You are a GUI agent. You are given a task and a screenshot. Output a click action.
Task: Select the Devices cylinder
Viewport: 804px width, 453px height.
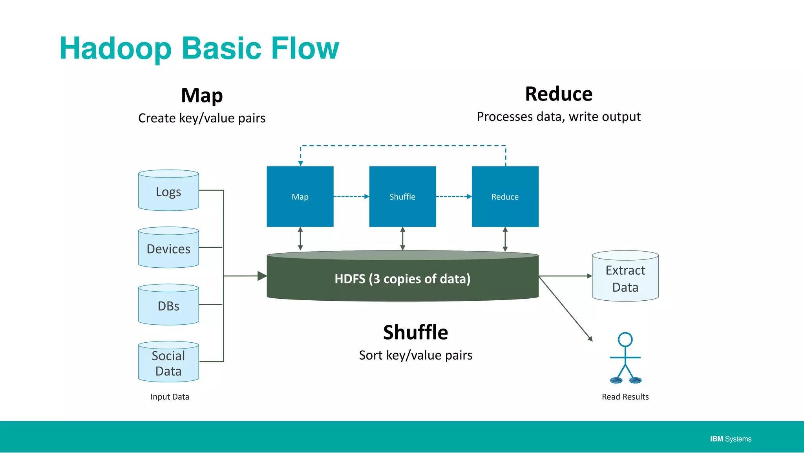[168, 248]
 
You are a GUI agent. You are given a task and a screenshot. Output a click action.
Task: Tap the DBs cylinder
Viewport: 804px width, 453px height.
[168, 305]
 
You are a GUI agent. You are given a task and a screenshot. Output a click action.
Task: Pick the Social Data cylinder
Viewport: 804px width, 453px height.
[168, 363]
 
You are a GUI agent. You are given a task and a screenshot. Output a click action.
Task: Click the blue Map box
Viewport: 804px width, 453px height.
[300, 196]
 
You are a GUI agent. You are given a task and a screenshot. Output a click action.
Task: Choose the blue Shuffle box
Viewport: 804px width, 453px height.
[402, 196]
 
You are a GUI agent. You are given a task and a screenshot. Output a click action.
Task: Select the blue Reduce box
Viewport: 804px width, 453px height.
[505, 196]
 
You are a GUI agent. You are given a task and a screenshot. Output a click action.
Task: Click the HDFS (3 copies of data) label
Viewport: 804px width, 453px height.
[402, 279]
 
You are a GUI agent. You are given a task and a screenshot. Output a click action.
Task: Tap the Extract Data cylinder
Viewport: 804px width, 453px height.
[625, 278]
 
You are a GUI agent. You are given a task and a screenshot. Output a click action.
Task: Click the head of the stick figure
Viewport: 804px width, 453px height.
[625, 339]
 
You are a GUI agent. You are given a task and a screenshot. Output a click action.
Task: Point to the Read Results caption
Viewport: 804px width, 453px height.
[625, 397]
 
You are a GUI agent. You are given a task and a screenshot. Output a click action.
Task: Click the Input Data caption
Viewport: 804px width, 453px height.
[170, 397]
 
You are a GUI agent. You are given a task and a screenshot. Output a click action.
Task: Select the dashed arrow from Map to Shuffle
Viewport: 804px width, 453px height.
[351, 196]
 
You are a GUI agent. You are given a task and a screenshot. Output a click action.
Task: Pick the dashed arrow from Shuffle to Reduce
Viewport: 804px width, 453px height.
[453, 196]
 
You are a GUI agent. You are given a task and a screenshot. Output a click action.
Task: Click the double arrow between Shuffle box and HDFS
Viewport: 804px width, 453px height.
[402, 239]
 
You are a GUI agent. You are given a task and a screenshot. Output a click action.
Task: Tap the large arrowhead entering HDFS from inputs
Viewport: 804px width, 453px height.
[261, 276]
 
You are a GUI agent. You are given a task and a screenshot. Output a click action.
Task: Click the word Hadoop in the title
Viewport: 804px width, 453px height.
[115, 48]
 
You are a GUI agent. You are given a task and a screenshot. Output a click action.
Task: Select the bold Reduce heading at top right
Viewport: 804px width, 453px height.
[559, 94]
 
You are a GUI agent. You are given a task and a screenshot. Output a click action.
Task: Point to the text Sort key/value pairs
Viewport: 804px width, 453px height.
[415, 355]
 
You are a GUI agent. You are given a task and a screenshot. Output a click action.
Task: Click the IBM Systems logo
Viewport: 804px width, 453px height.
[730, 439]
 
